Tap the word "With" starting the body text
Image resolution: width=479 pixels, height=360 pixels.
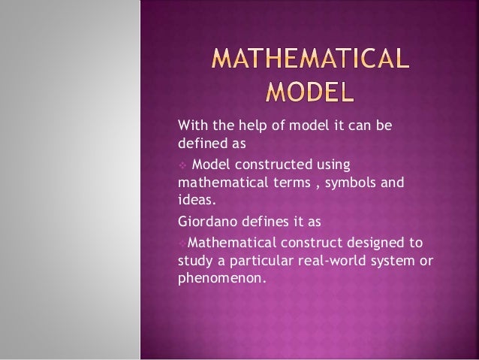(x=191, y=124)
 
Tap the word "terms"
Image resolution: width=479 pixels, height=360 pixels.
(x=290, y=182)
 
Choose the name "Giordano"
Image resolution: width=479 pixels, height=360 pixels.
(x=205, y=222)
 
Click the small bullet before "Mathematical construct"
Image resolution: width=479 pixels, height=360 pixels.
(x=181, y=242)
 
